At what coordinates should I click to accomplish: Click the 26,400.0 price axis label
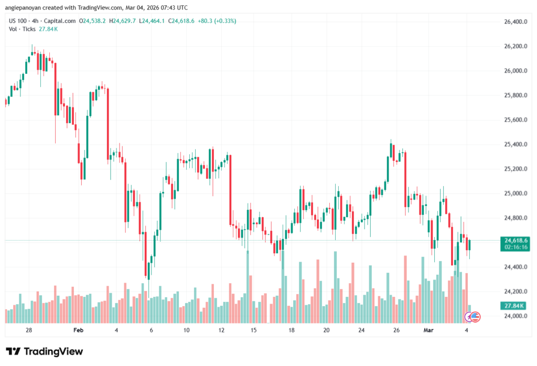coord(511,22)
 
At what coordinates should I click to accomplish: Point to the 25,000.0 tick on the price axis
coord(511,193)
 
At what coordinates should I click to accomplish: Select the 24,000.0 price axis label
coord(511,316)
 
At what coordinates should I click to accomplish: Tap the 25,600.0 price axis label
coord(511,120)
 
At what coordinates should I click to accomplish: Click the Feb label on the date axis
coord(78,330)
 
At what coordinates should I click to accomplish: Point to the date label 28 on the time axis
coord(29,330)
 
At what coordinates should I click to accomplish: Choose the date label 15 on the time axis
coord(253,330)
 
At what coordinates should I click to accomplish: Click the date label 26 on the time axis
coord(396,330)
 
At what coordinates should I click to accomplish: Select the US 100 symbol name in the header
coord(19,21)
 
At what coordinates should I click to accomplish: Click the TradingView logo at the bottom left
coord(44,351)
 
